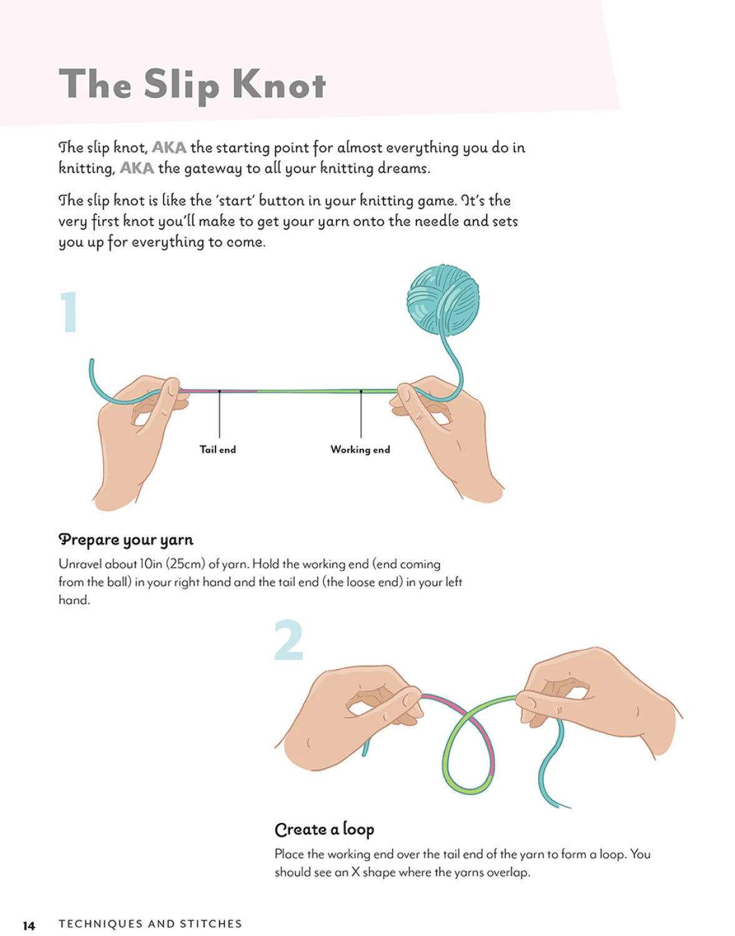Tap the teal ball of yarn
coord(443,300)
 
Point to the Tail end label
coord(218,449)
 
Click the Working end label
coord(360,449)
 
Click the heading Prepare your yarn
coord(126,540)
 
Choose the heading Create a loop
coord(324,830)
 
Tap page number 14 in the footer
coord(29,924)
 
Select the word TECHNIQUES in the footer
coord(101,924)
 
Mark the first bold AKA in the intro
coord(169,148)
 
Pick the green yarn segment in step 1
coord(327,391)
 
